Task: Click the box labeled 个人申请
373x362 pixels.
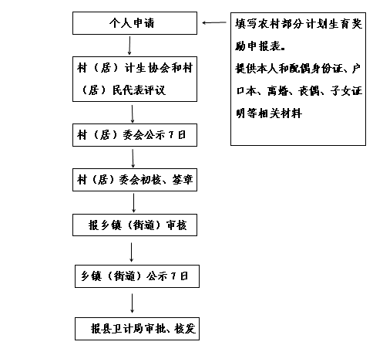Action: click(135, 23)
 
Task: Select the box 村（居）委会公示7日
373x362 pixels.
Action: click(135, 135)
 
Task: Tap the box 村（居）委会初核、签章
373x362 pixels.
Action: click(135, 180)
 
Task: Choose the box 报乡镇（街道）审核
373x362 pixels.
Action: click(135, 225)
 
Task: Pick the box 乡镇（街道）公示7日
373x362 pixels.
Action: click(137, 276)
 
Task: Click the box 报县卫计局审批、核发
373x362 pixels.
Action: click(137, 329)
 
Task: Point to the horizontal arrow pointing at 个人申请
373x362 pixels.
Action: click(214, 22)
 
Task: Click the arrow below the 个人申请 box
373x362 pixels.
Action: click(129, 46)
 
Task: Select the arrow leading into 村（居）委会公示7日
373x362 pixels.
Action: click(133, 113)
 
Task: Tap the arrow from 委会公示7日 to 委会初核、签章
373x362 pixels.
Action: click(133, 158)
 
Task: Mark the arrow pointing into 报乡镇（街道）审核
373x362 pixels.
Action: click(133, 203)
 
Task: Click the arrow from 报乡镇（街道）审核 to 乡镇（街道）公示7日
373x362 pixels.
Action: click(132, 252)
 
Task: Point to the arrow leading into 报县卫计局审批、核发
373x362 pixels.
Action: click(132, 303)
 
